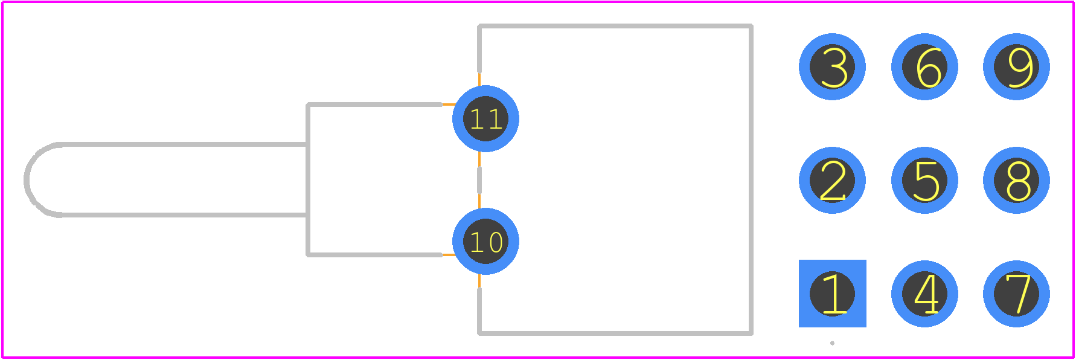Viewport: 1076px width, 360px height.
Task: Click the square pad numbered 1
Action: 832,294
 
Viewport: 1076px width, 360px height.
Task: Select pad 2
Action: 832,180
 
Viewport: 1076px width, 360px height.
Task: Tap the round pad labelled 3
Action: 832,66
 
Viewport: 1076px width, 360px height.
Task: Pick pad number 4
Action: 924,294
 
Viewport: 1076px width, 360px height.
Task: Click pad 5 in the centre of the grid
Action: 924,180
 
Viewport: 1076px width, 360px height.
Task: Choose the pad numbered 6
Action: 924,66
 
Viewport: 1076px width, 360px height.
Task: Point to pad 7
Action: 1016,294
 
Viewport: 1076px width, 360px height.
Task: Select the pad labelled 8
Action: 1016,180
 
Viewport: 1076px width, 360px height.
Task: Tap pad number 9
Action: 1016,66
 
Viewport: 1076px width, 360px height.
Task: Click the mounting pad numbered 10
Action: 485,241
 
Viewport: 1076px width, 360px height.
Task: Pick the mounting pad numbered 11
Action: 485,118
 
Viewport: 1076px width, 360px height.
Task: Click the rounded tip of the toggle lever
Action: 27,179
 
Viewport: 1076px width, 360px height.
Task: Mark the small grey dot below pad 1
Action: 832,343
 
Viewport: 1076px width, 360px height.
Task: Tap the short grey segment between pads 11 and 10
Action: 479,180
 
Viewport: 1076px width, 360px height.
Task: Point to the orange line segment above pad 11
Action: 479,79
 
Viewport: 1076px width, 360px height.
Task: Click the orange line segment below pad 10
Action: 479,281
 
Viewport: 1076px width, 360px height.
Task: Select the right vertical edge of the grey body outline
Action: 751,179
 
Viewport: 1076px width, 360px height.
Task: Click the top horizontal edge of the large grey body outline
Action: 615,27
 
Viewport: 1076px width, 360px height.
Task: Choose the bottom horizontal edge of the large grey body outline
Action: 615,332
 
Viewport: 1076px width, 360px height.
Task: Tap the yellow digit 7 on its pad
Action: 1018,294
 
